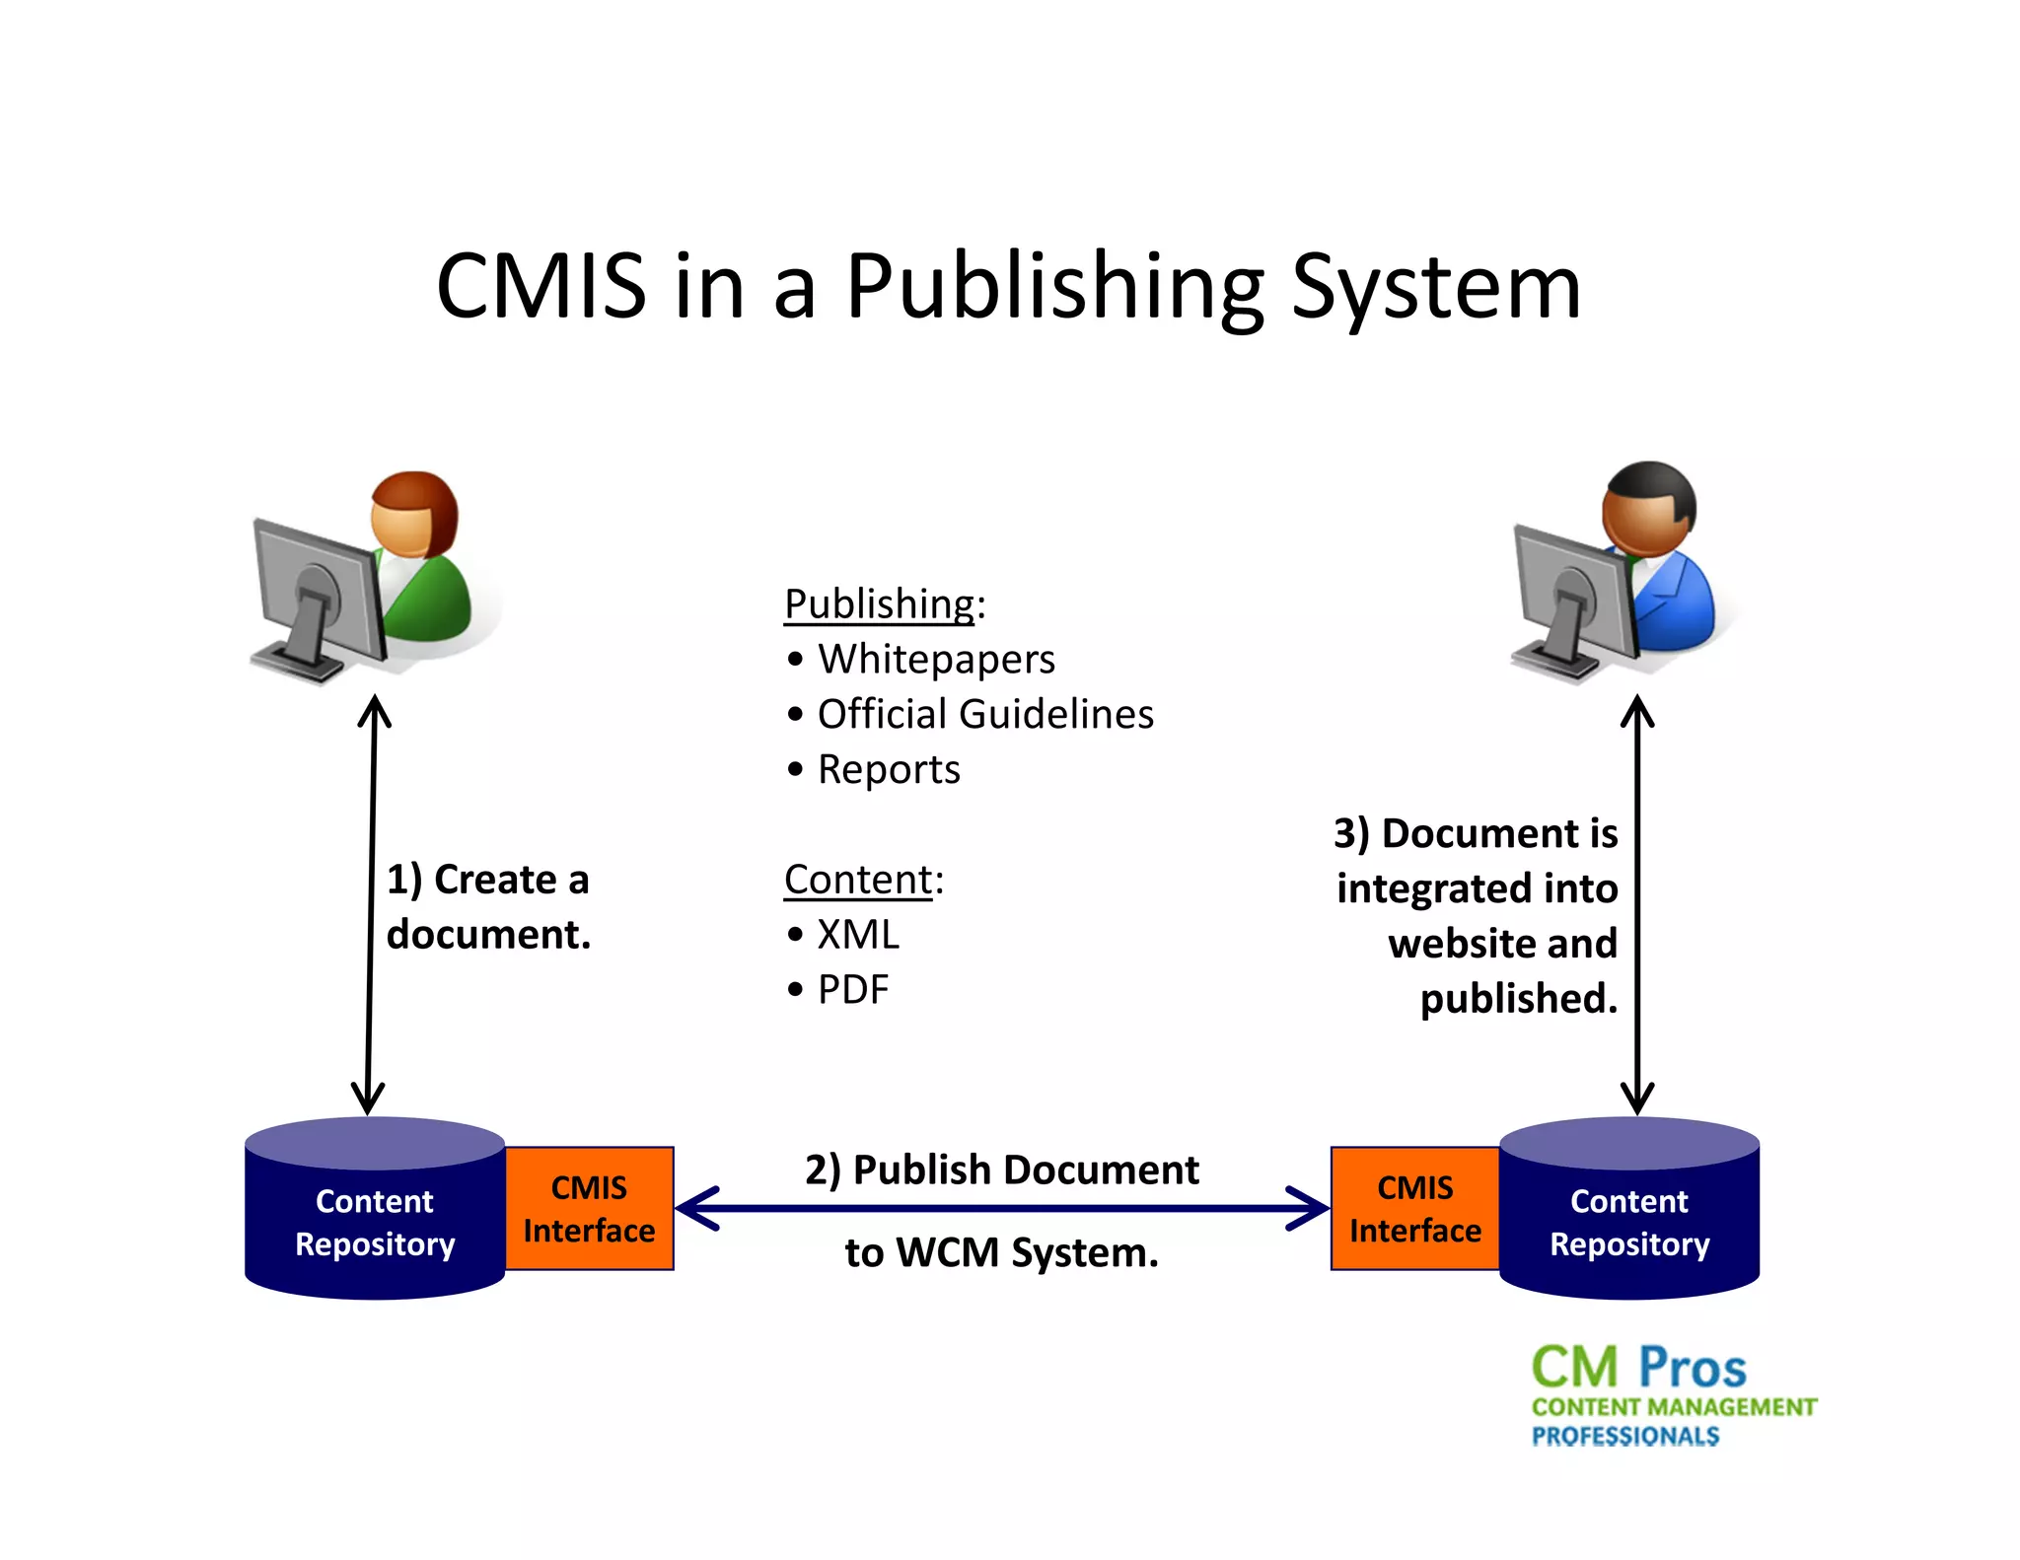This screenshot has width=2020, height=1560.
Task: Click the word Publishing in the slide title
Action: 1054,287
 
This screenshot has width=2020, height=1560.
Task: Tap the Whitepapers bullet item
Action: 935,659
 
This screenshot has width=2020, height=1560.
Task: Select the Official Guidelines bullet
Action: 984,714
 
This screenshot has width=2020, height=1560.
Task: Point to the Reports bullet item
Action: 888,769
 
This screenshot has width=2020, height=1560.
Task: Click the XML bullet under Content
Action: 857,935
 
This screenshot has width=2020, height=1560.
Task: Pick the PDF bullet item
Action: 852,990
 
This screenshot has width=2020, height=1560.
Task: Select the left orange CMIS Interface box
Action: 589,1209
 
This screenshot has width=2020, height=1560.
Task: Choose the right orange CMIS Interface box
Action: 1414,1209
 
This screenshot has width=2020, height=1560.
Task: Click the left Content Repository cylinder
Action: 375,1219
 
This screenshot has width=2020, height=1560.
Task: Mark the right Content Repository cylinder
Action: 1629,1219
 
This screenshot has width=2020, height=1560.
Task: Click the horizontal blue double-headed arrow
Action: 1002,1209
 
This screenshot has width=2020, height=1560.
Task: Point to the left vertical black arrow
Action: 371,904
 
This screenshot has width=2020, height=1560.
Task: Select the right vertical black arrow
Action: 1637,904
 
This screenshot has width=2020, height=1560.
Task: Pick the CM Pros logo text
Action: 1639,1368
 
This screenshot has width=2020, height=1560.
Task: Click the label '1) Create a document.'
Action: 488,906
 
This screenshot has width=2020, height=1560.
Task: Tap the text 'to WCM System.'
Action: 1002,1253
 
